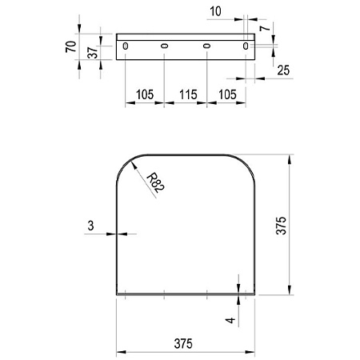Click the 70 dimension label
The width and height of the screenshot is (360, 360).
(71, 46)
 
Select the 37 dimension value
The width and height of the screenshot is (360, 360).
(93, 53)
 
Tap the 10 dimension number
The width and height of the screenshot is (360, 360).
(215, 11)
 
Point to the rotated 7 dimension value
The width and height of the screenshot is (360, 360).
(266, 27)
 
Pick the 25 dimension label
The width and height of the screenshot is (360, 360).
(283, 70)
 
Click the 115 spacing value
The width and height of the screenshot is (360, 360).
(188, 94)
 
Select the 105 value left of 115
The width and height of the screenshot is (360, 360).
(145, 94)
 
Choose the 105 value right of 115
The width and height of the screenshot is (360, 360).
(227, 94)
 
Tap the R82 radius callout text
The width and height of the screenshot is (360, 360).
(156, 182)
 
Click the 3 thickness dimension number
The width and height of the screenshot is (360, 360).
(91, 226)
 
